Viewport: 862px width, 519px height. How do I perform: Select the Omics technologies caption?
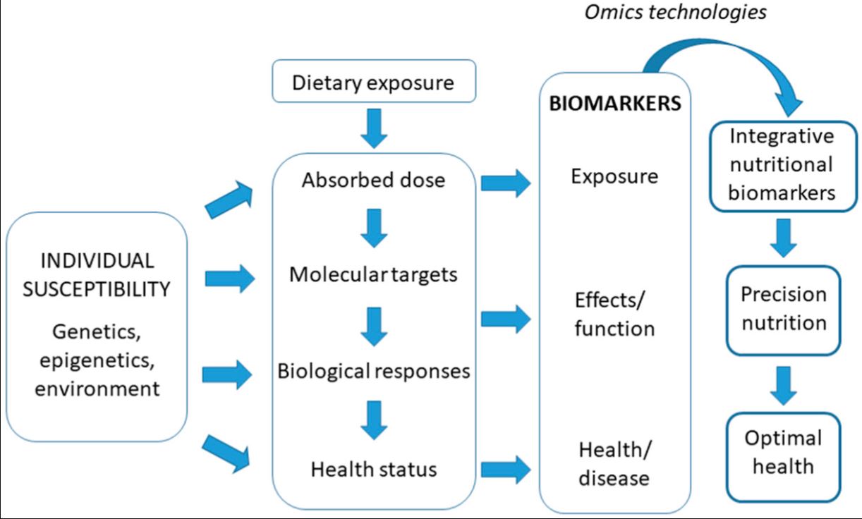point(676,13)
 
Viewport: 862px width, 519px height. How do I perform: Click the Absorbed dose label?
point(373,180)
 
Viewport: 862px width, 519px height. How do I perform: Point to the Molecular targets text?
point(373,274)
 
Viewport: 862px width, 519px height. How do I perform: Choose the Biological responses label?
point(373,371)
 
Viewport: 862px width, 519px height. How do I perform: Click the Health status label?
point(373,468)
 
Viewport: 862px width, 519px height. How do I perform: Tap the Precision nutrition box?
point(783,309)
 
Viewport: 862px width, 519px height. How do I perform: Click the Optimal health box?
point(783,452)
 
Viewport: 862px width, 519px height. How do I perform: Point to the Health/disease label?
point(614,463)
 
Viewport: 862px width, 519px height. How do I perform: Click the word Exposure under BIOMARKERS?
point(614,176)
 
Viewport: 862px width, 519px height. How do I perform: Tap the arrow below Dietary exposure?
point(373,128)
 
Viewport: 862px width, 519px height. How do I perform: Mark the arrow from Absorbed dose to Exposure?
point(506,184)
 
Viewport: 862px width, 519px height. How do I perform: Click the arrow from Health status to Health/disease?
point(506,470)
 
